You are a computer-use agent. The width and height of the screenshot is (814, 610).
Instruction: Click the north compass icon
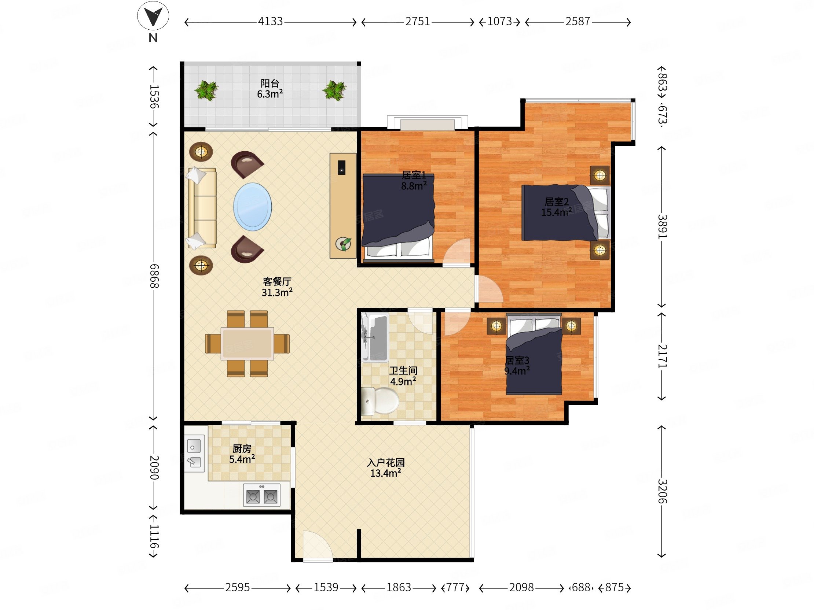click(x=153, y=17)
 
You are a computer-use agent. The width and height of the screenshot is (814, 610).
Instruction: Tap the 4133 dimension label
click(x=270, y=22)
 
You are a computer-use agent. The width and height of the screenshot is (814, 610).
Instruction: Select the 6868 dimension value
click(x=154, y=276)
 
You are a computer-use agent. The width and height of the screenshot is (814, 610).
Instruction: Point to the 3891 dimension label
click(x=662, y=226)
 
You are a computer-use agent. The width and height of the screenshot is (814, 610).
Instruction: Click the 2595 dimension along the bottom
click(x=237, y=588)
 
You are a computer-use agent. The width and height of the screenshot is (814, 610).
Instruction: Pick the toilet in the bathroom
click(x=380, y=401)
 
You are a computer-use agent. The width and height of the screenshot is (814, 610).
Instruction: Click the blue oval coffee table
click(x=252, y=207)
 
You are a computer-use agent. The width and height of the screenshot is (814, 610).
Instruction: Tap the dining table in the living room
click(x=247, y=343)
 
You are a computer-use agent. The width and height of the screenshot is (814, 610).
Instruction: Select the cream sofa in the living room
click(x=202, y=208)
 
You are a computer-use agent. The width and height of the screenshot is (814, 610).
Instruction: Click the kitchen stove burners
click(x=262, y=495)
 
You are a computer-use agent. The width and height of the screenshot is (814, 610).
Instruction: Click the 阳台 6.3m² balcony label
click(x=270, y=89)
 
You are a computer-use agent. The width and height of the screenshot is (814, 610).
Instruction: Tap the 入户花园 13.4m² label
click(x=385, y=468)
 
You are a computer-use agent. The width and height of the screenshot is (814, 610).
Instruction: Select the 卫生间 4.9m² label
click(x=403, y=376)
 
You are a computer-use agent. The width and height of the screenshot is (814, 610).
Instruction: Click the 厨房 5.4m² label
click(x=242, y=454)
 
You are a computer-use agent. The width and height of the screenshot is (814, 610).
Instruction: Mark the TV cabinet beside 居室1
click(x=343, y=206)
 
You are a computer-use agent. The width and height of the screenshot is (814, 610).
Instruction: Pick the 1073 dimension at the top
click(x=499, y=22)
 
